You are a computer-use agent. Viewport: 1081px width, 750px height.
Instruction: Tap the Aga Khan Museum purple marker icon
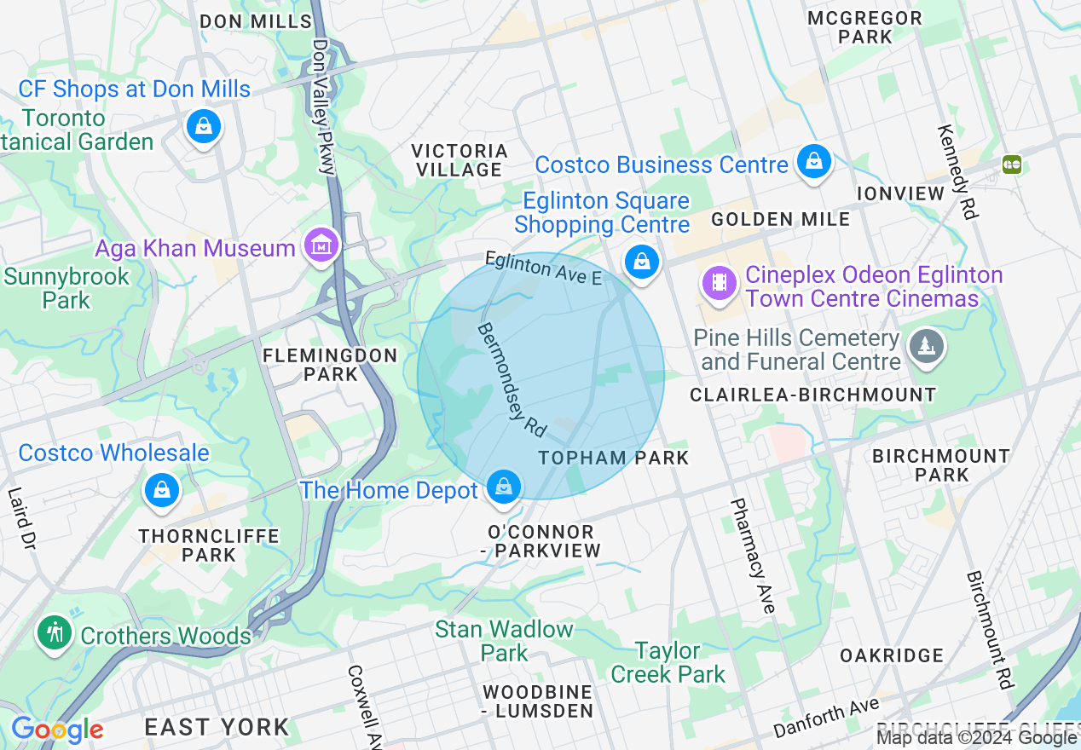(x=321, y=246)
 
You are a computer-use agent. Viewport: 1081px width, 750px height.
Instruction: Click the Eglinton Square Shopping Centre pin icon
(x=641, y=262)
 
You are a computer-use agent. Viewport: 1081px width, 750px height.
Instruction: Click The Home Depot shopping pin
(x=504, y=487)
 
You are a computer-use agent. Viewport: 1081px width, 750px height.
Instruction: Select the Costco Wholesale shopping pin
(x=160, y=491)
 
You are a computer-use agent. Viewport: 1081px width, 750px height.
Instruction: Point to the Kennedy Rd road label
(x=957, y=172)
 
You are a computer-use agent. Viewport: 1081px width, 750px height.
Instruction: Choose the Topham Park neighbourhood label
(x=614, y=458)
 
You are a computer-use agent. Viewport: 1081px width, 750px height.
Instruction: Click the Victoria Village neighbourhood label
(x=460, y=160)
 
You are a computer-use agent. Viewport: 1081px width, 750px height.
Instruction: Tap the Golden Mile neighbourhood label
(x=780, y=219)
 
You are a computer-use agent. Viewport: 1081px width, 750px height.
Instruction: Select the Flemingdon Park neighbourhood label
(x=329, y=365)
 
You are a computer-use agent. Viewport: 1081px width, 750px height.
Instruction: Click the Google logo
(x=57, y=730)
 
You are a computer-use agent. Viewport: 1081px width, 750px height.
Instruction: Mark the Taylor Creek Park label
(x=668, y=662)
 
